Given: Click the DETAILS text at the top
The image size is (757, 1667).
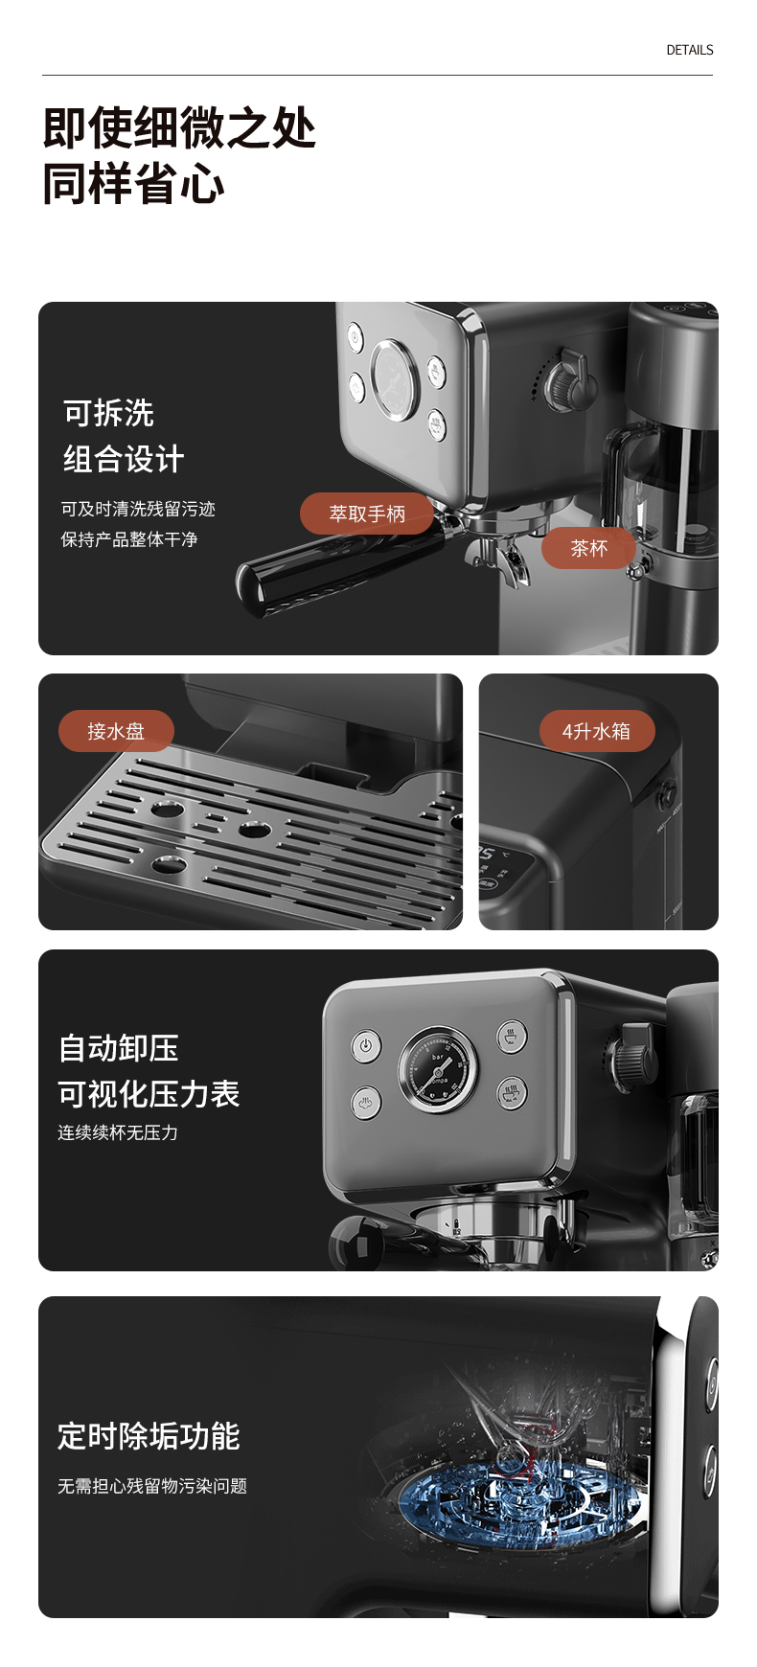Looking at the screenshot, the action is (690, 50).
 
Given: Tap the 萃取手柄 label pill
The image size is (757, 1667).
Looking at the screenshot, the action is (367, 514).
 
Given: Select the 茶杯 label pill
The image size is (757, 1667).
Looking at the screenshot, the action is (588, 548).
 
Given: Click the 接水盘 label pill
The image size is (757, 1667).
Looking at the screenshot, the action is (116, 731).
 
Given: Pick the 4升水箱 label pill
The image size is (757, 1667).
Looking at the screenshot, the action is (596, 731).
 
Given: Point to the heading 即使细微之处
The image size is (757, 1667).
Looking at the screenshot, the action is (179, 127).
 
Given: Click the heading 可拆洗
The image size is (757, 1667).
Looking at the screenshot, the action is (108, 413).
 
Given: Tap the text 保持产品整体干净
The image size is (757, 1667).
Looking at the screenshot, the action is (129, 539).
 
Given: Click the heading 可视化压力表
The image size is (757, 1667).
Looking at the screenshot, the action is (149, 1093).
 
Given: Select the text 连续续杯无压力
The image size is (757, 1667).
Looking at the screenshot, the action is (118, 1132).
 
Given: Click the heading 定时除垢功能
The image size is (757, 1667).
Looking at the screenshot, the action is (149, 1436).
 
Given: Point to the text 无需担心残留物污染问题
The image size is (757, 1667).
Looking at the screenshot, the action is (152, 1486).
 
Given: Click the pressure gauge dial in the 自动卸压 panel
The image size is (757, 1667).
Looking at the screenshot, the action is (438, 1070).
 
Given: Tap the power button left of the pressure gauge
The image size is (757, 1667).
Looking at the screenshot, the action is (365, 1045).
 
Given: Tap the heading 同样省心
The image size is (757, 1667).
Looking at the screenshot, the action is (133, 184).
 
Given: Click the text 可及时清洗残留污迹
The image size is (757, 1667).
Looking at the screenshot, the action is (138, 509).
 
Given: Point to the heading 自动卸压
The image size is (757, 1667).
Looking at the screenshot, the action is (118, 1047).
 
